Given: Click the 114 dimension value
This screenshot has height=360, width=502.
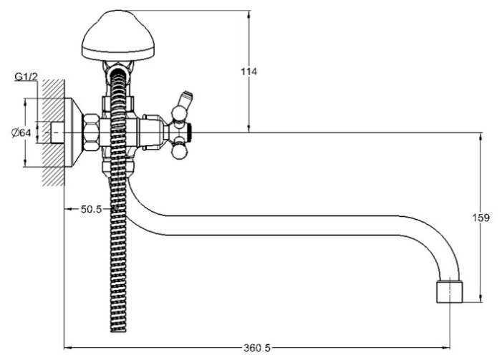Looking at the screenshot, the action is click(248, 72).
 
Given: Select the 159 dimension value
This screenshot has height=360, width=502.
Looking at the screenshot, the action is click(481, 218).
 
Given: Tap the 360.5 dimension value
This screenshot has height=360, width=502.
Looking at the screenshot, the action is click(257, 348).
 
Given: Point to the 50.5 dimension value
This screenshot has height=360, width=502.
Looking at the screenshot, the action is click(91, 209).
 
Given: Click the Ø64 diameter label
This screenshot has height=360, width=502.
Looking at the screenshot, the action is click(21, 132).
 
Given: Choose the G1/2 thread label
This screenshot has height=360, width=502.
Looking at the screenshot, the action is click(26, 77).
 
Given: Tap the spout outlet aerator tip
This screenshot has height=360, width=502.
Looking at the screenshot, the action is click(450, 292).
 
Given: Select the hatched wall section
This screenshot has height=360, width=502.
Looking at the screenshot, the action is click(53, 132).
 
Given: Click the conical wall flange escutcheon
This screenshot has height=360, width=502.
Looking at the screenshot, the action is click(74, 132).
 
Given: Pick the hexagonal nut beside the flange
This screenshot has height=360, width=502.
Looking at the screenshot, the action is click(91, 132).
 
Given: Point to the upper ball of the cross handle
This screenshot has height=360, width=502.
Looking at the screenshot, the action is click(178, 113).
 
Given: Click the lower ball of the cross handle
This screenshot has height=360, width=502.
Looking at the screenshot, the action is click(178, 152).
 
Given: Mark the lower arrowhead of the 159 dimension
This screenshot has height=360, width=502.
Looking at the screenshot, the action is click(481, 298).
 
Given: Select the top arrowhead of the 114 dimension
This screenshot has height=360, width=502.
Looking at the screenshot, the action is click(248, 15).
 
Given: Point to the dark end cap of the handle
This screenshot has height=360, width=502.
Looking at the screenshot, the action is click(190, 132).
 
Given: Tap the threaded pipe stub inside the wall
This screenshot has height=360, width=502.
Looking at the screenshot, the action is click(57, 132).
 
